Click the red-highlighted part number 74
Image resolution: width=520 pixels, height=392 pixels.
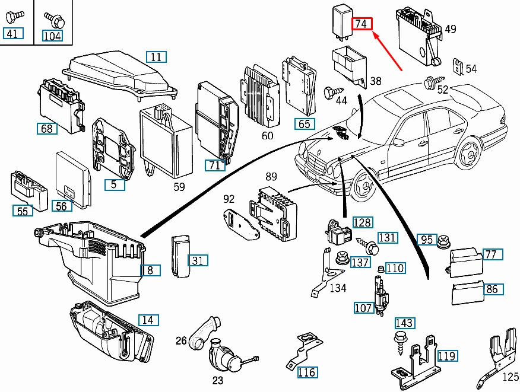(x=362, y=24)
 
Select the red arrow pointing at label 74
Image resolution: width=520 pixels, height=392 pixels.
(x=388, y=51)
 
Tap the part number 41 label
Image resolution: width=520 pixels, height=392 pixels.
(x=12, y=33)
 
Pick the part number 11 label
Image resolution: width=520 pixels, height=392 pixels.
(x=156, y=58)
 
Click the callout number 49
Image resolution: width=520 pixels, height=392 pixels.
(x=451, y=29)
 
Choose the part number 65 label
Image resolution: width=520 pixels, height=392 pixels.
(x=304, y=124)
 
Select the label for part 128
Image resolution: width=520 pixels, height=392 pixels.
(x=362, y=222)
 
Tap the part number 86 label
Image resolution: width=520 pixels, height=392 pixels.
(x=492, y=289)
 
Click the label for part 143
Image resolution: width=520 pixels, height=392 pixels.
(x=404, y=323)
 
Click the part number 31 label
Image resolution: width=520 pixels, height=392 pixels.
(x=198, y=260)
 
